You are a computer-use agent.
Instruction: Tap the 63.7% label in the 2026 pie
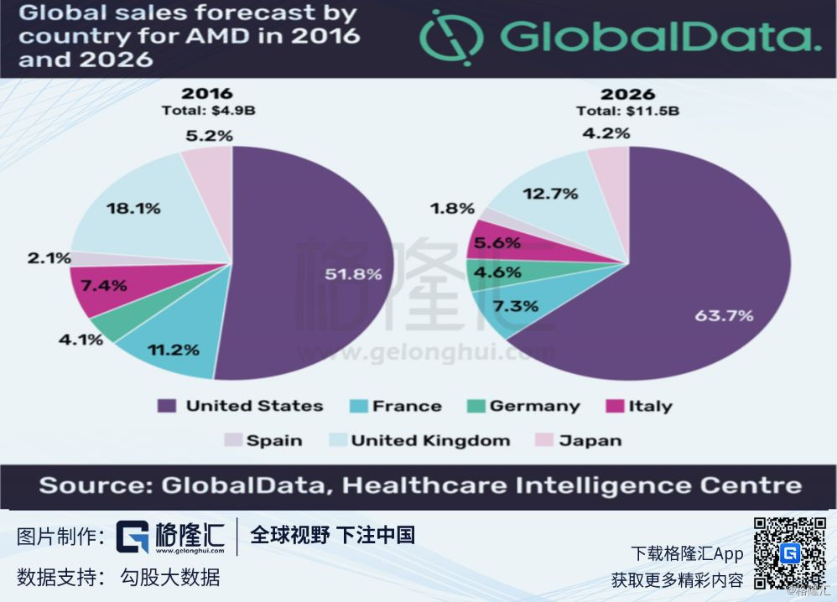coord(724,316)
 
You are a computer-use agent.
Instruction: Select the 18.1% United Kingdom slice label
coord(133,209)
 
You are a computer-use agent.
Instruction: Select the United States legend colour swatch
coord(167,406)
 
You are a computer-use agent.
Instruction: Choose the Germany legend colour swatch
coord(475,406)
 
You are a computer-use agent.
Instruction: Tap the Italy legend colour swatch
coord(612,406)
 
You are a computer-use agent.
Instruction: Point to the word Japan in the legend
coord(590,440)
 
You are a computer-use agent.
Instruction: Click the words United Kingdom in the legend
coord(430,440)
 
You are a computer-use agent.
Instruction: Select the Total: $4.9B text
coord(207,110)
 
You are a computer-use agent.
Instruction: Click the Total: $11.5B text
coord(627,111)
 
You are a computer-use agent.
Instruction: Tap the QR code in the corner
coord(789,553)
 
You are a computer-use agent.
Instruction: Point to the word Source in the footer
coord(88,485)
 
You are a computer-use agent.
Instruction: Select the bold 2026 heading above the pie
coord(627,94)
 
